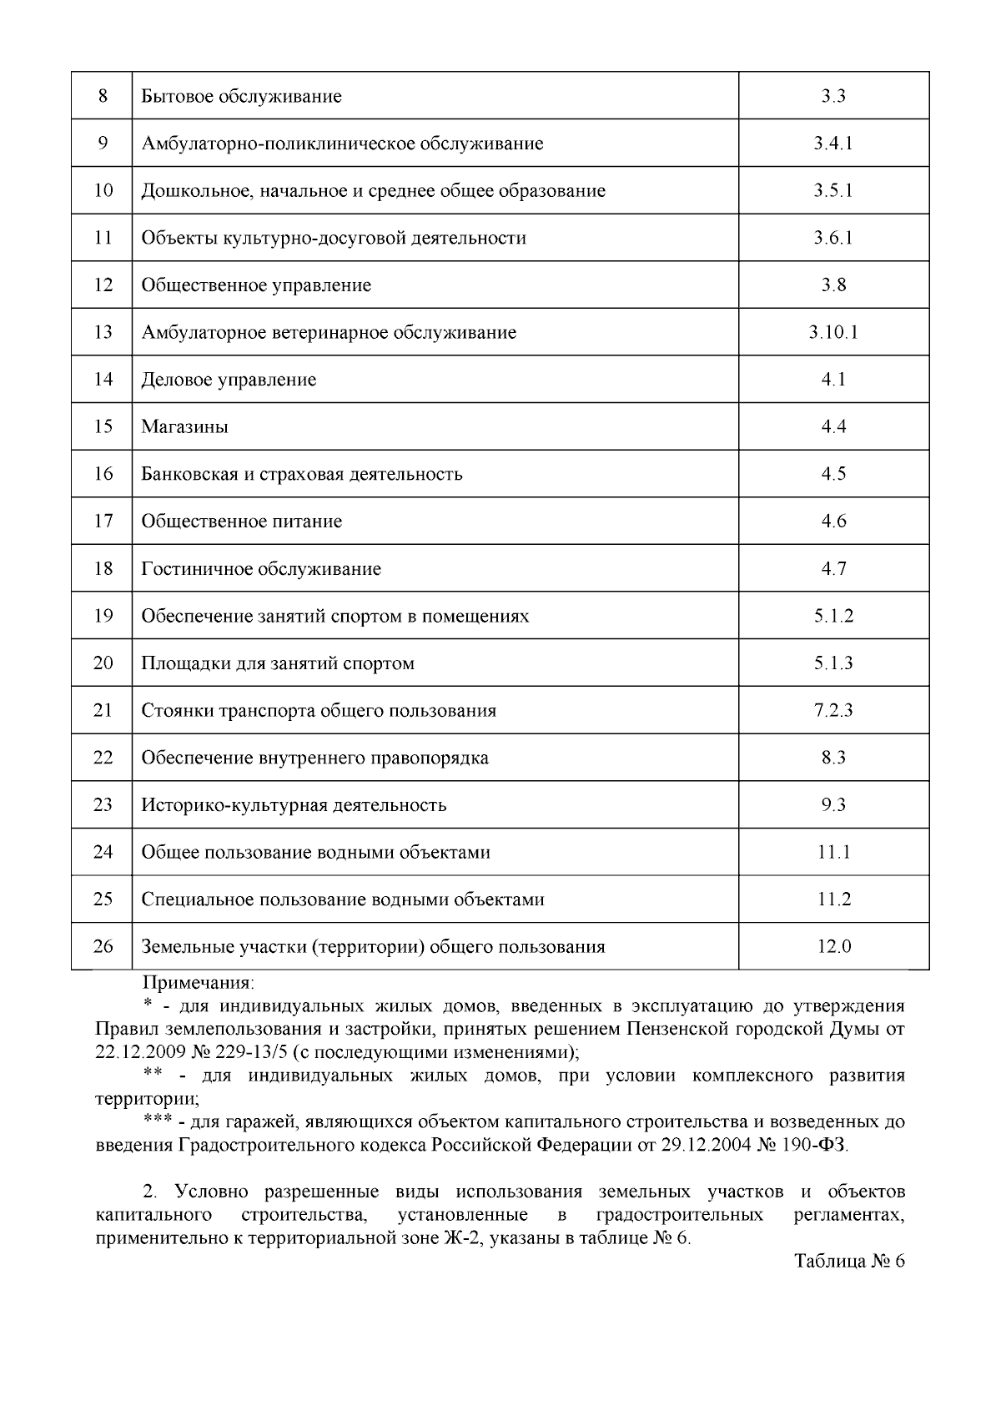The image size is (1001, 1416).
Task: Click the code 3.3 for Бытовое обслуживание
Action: (x=833, y=96)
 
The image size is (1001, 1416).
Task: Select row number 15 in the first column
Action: (x=103, y=427)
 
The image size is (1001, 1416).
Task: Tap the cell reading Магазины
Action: (x=184, y=427)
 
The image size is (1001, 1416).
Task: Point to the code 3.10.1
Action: (x=833, y=333)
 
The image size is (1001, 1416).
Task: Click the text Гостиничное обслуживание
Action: (x=261, y=569)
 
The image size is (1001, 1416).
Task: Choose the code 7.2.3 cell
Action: (x=833, y=711)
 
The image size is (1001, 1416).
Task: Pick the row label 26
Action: (x=103, y=947)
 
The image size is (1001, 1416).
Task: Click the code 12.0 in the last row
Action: (x=833, y=947)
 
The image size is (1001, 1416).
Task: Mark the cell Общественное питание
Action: (x=242, y=522)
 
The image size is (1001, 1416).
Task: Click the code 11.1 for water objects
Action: (x=833, y=853)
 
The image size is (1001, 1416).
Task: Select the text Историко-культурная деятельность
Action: (x=294, y=805)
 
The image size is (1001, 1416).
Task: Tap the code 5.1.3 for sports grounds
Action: (x=833, y=663)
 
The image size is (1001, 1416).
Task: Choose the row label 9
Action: (x=103, y=144)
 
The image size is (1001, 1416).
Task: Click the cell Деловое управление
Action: (x=229, y=380)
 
